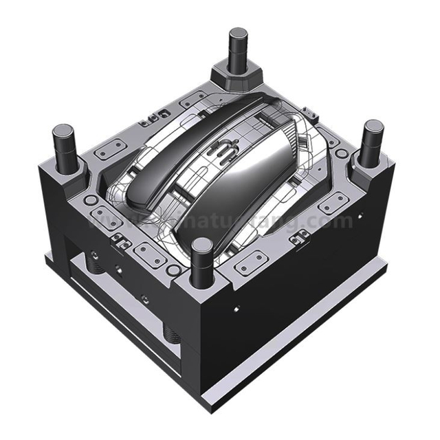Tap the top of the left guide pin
tap(63, 130)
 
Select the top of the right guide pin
tap(373, 126)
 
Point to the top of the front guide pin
tap(201, 244)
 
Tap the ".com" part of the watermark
tap(330, 221)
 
